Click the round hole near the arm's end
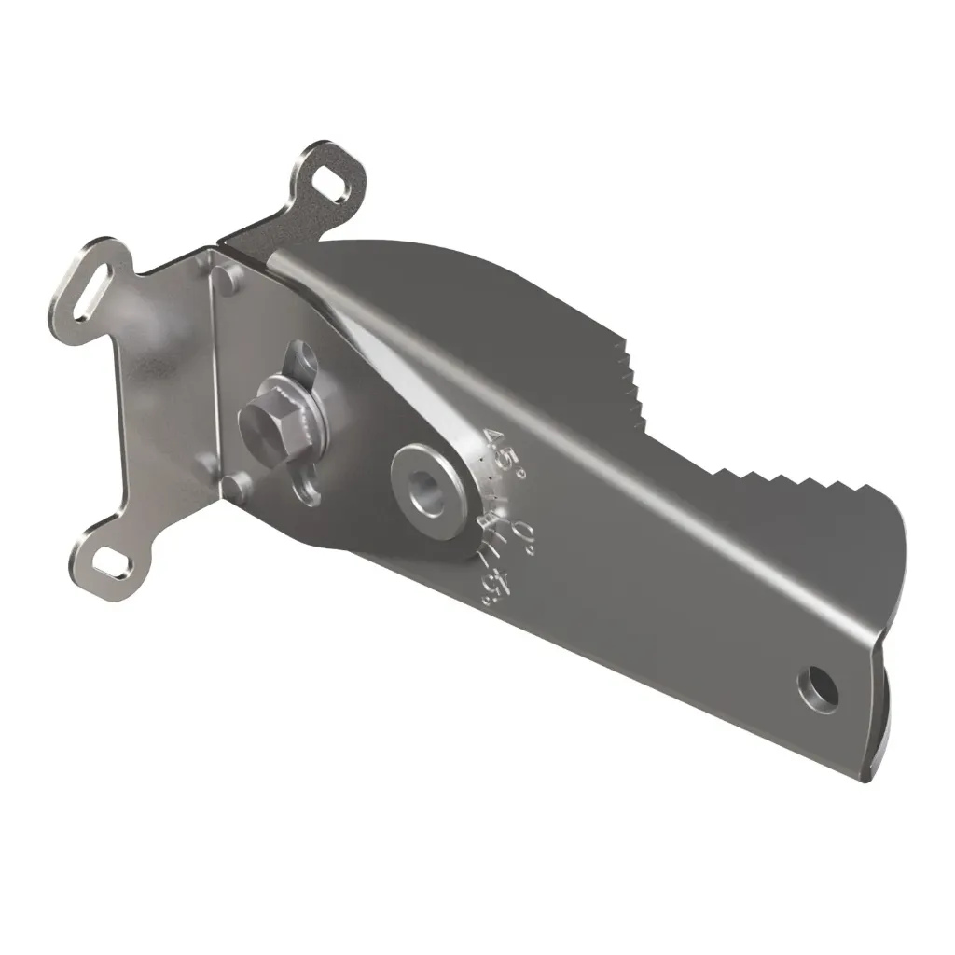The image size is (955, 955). (820, 689)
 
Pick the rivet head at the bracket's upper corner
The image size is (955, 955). (225, 274)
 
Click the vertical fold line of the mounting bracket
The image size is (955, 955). (213, 373)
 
